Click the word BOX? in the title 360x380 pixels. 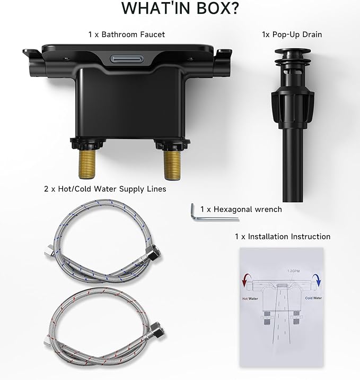click(217, 8)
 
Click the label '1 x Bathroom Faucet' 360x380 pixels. click(127, 34)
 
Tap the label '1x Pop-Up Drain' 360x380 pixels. click(292, 34)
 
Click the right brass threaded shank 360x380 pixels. click(172, 165)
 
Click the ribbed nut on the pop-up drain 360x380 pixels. click(293, 106)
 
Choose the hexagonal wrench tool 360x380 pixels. click(213, 215)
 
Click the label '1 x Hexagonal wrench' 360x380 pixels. click(241, 210)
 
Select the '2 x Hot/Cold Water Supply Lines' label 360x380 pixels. click(105, 189)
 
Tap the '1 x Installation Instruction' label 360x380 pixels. click(283, 237)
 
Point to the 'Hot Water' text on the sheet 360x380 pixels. click(250, 299)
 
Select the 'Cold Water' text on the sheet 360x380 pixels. click(313, 298)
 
